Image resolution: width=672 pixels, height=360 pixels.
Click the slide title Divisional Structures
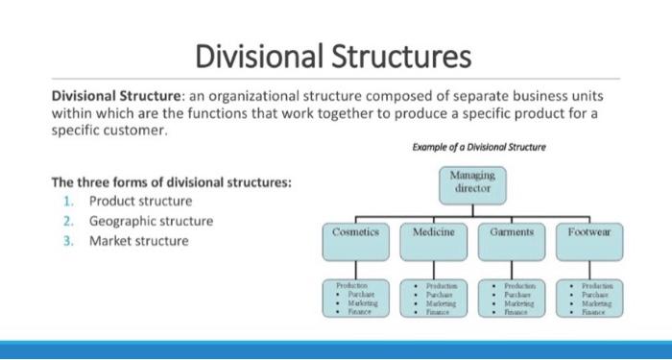pos(334,57)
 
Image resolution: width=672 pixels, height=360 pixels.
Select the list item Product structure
pos(140,201)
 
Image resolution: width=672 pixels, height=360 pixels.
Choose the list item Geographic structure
pos(152,221)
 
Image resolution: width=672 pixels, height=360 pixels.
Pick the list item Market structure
pos(138,240)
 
